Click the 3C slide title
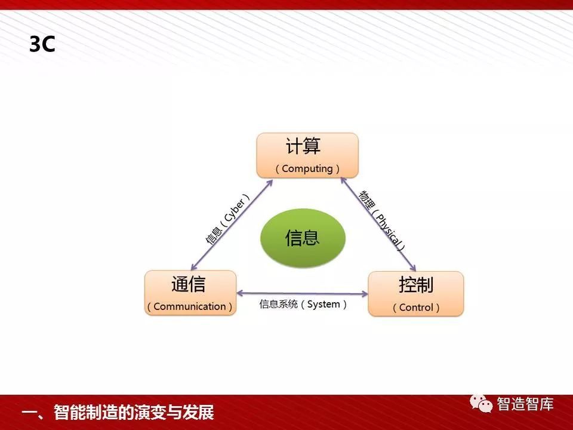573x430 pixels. click(42, 44)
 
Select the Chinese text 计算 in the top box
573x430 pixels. click(303, 146)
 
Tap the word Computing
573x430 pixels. click(307, 168)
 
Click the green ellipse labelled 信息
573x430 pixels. click(303, 238)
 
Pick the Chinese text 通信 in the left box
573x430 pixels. click(189, 284)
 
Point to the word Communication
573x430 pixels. click(190, 306)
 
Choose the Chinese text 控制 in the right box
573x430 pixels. click(416, 285)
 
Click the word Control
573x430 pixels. click(416, 307)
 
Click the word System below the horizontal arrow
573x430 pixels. click(324, 304)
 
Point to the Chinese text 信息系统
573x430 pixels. click(279, 304)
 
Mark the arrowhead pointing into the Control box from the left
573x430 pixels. click(364, 293)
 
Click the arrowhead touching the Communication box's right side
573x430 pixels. click(241, 293)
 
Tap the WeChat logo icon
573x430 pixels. click(481, 403)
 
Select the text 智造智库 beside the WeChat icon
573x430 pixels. click(525, 404)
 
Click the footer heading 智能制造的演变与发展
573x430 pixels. click(134, 413)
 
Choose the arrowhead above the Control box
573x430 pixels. click(413, 268)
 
